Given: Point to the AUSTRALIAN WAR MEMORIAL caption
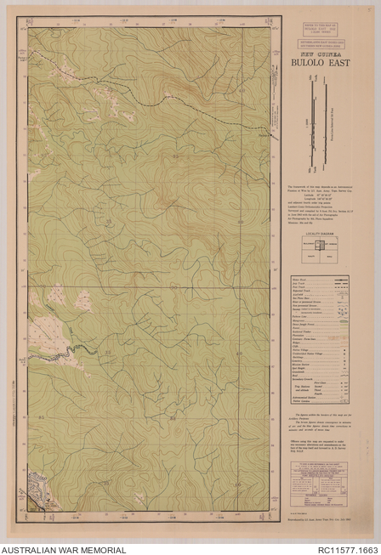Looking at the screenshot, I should (x=64, y=549).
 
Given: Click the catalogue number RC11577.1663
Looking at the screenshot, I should (x=341, y=549).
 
